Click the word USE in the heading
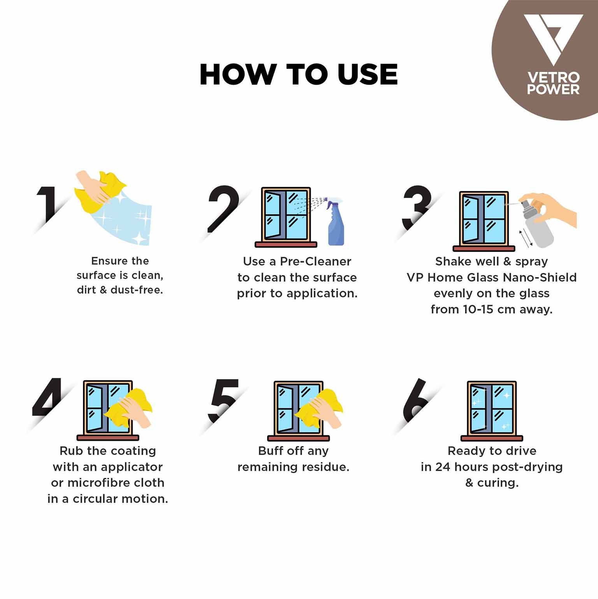(x=368, y=74)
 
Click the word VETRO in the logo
(x=553, y=77)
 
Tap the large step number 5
(x=223, y=399)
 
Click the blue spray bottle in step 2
(x=336, y=226)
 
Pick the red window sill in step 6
(x=492, y=438)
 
